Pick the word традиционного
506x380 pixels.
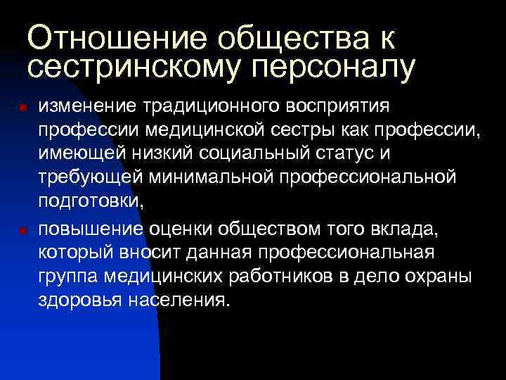click(x=203, y=107)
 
